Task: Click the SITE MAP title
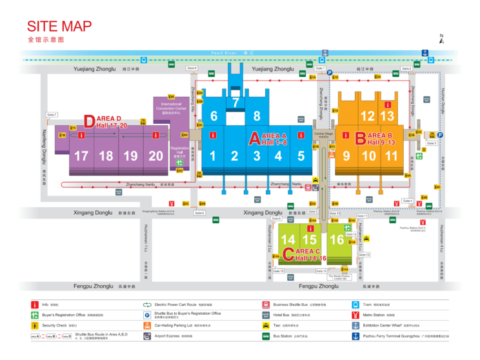(x=59, y=26)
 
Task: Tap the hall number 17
(x=81, y=156)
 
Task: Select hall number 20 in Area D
(x=155, y=156)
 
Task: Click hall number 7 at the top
(x=235, y=103)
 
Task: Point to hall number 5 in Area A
(x=301, y=156)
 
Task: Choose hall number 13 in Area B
(x=386, y=117)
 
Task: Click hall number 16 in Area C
(x=336, y=240)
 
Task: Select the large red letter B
(x=361, y=137)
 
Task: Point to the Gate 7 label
(x=52, y=115)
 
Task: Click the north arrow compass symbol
(x=441, y=39)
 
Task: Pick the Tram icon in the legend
(x=355, y=304)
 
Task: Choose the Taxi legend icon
(x=266, y=325)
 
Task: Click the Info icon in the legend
(x=35, y=304)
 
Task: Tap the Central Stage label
(x=324, y=134)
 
